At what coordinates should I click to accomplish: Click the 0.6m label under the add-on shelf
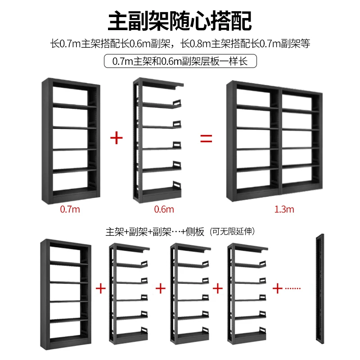[x=164, y=209]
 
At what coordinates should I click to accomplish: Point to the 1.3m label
[x=284, y=209]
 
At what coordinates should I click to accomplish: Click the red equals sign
[x=206, y=138]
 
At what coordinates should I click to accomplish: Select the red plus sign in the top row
[x=116, y=138]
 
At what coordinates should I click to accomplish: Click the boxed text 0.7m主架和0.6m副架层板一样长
[x=180, y=61]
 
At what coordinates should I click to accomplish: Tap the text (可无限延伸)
[x=233, y=232]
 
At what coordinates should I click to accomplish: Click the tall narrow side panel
[x=320, y=295]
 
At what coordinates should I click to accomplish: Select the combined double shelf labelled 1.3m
[x=275, y=142]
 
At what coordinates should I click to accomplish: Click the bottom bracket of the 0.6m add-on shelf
[x=176, y=186]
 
